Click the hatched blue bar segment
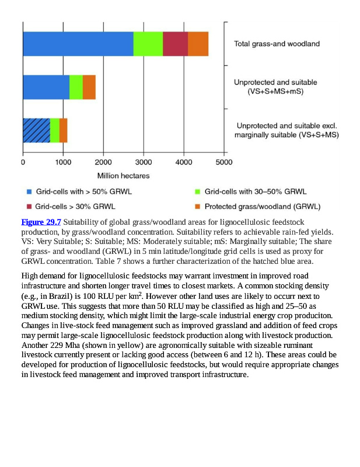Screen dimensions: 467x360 click(36, 130)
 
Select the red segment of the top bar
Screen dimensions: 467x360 click(175, 44)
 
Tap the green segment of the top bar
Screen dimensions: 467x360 click(148, 44)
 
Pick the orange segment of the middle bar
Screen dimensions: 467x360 click(89, 87)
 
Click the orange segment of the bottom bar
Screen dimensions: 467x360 click(63, 130)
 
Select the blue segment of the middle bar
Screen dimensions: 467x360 click(46, 87)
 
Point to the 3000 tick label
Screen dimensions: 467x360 click(144, 162)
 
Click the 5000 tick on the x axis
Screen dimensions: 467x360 click(224, 162)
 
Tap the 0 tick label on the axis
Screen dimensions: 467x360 click(23, 162)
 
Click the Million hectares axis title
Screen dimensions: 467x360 click(123, 175)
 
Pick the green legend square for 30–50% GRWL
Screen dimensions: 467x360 click(197, 191)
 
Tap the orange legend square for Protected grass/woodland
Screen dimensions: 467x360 click(197, 206)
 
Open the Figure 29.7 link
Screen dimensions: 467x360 click(41, 222)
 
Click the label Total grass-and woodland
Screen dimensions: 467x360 click(277, 44)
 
